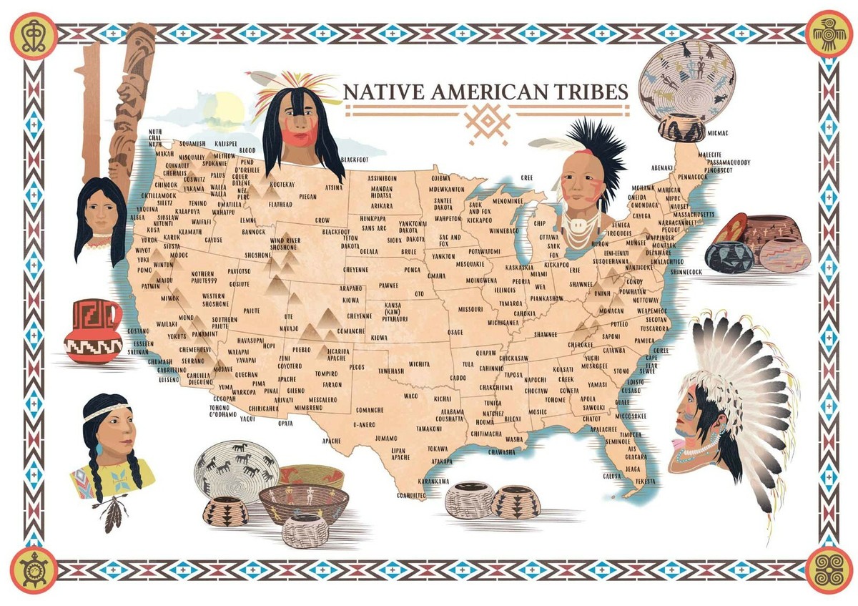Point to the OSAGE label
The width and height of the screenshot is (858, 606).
pyautogui.click(x=455, y=332)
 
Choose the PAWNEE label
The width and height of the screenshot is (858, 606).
pyautogui.click(x=388, y=285)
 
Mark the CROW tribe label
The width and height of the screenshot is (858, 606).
pyautogui.click(x=322, y=220)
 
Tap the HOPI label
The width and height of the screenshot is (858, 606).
pyautogui.click(x=269, y=346)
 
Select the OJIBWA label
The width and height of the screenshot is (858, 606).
pyautogui.click(x=440, y=175)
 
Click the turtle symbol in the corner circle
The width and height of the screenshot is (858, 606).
pyautogui.click(x=33, y=570)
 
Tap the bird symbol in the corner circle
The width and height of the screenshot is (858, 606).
pyautogui.click(x=828, y=34)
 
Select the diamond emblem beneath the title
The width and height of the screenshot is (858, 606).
pyautogui.click(x=488, y=123)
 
